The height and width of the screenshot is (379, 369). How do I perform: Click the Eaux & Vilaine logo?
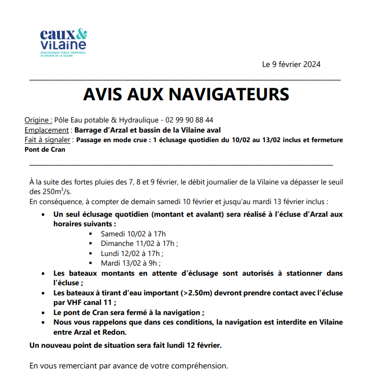[x=63, y=43]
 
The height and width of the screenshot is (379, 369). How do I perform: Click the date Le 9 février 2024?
[x=291, y=65]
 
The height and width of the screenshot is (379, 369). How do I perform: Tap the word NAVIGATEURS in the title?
[x=228, y=94]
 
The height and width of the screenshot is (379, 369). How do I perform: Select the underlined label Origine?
[x=38, y=120]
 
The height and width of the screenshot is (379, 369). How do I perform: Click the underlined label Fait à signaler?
[x=48, y=140]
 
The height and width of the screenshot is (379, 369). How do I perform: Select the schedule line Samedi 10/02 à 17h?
[x=133, y=234]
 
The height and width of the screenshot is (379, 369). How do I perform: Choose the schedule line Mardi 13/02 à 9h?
[x=130, y=263]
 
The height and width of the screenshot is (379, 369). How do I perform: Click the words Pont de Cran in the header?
[x=45, y=149]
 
